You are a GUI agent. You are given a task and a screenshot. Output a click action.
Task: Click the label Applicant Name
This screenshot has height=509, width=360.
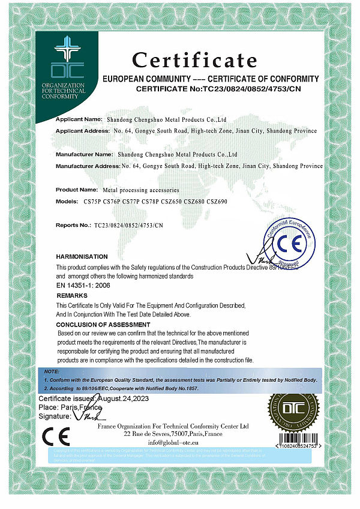click(79, 119)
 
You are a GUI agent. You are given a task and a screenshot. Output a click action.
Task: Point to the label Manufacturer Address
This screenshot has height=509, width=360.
click(88, 165)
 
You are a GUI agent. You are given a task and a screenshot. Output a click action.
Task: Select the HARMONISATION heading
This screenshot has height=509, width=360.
click(82, 256)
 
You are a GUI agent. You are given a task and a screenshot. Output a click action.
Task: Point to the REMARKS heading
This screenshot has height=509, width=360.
click(72, 296)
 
